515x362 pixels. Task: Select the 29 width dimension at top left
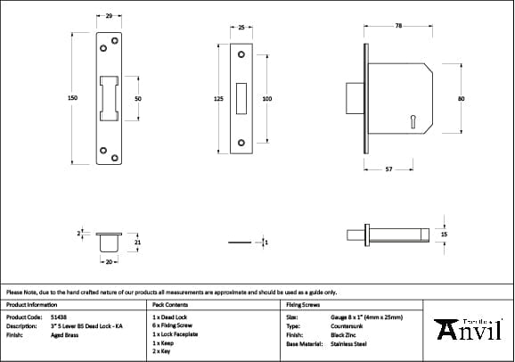(x=108, y=16)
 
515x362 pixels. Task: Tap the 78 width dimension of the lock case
(x=397, y=27)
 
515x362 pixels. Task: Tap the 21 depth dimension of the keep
(x=136, y=242)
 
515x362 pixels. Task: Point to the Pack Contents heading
(x=168, y=304)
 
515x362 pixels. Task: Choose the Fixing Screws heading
(x=302, y=304)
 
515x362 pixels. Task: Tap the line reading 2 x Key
(x=162, y=352)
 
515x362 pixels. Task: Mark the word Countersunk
(x=347, y=326)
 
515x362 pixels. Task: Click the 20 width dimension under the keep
(x=107, y=263)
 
